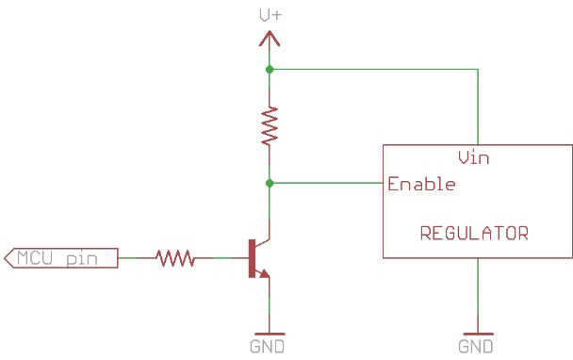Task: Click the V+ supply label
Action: pos(270,14)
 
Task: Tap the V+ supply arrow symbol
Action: pos(270,39)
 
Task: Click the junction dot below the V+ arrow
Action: pos(270,70)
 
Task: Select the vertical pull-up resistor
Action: pos(270,125)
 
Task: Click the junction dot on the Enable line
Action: pos(270,183)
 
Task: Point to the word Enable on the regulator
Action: pos(421,184)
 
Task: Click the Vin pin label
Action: pos(472,157)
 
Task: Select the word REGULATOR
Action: pos(474,233)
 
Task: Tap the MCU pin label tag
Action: pos(61,257)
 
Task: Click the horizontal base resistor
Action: pos(174,257)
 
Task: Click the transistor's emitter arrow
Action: pos(264,274)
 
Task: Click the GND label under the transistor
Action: pos(269,347)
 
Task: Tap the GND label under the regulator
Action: pos(476,347)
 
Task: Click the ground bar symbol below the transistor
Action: pos(270,333)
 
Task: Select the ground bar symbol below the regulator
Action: pos(478,333)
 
